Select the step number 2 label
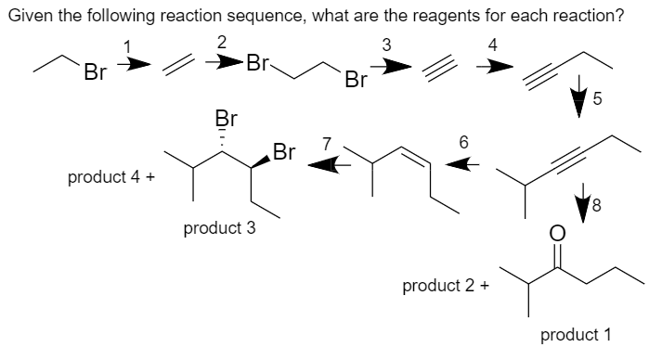click(220, 41)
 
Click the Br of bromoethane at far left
click(92, 71)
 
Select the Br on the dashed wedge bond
click(224, 119)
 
